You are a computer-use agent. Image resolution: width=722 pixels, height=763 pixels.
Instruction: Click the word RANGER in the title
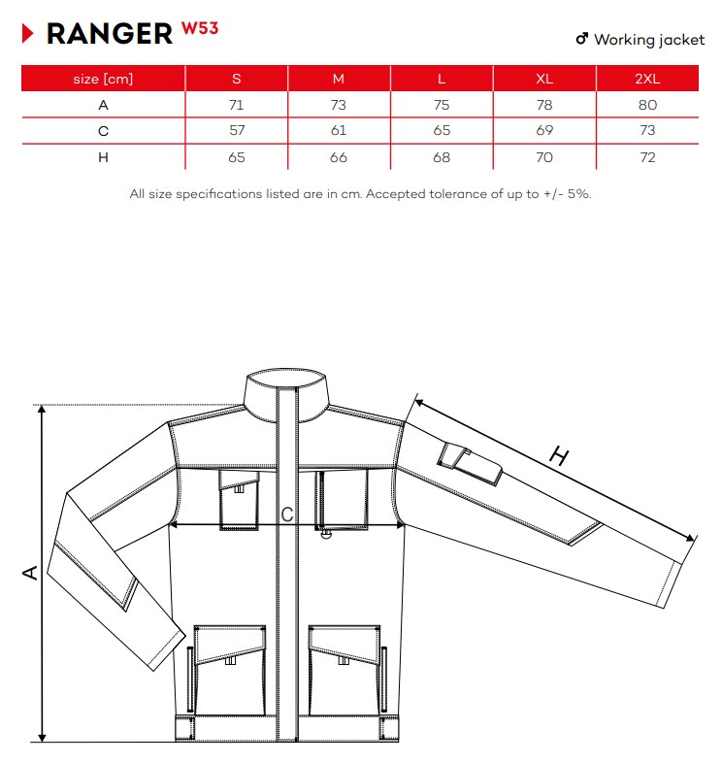point(110,34)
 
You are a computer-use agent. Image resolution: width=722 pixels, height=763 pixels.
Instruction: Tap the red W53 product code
point(200,28)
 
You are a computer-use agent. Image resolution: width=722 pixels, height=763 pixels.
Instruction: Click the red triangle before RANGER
point(28,34)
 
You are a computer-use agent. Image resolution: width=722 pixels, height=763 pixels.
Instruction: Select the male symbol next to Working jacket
point(582,39)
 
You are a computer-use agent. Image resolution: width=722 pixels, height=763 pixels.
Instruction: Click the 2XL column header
point(647,79)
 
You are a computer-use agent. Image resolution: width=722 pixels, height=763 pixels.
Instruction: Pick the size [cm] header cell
point(103,79)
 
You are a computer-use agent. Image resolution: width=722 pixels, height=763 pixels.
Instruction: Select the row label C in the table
point(103,131)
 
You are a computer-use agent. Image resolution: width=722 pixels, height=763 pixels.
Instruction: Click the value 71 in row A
point(236,105)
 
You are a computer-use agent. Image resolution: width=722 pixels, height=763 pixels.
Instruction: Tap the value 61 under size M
point(338,130)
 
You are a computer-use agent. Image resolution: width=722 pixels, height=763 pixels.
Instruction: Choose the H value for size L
point(442,157)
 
